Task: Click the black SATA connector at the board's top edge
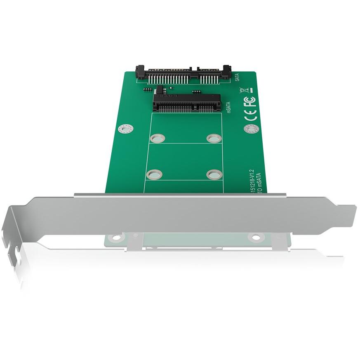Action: (184, 74)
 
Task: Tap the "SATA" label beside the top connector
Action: (237, 77)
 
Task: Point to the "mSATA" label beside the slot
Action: (228, 106)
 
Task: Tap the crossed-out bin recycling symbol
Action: (245, 89)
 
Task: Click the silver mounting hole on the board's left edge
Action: (125, 129)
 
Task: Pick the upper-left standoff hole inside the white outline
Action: (158, 138)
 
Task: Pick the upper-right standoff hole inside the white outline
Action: (214, 138)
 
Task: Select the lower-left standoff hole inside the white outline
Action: (154, 174)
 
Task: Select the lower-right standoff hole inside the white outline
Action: (214, 174)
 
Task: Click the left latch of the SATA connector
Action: (140, 73)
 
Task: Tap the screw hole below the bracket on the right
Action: (256, 237)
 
